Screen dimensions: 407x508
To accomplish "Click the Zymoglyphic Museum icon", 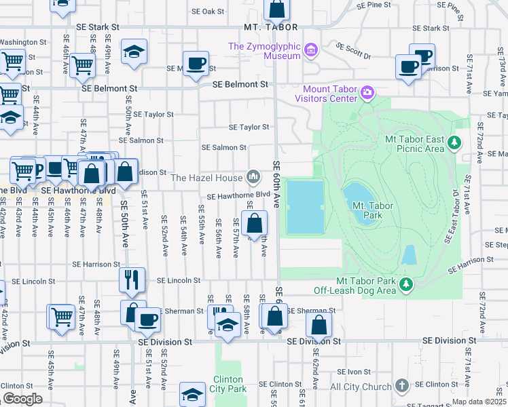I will point(312,49).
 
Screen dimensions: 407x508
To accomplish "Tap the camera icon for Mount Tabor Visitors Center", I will point(367,92).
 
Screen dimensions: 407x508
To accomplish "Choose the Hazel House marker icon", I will point(253,178).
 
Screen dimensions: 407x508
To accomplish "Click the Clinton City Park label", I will point(229,385).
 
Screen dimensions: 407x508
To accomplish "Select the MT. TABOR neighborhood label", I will point(271,27).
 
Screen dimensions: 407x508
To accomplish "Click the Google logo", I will point(22,399).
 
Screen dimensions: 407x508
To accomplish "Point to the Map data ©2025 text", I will point(478,402).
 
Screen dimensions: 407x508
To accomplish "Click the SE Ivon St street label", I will point(353,371).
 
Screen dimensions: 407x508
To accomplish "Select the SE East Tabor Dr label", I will point(453,223).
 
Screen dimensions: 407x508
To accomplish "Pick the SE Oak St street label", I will point(207,12).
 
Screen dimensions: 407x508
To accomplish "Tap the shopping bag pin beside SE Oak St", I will point(277,9).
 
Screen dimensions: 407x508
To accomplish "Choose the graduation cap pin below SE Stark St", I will point(134,52).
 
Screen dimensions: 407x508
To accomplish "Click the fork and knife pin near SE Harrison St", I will point(132,278).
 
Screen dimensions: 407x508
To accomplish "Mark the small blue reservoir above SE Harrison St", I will point(409,255).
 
